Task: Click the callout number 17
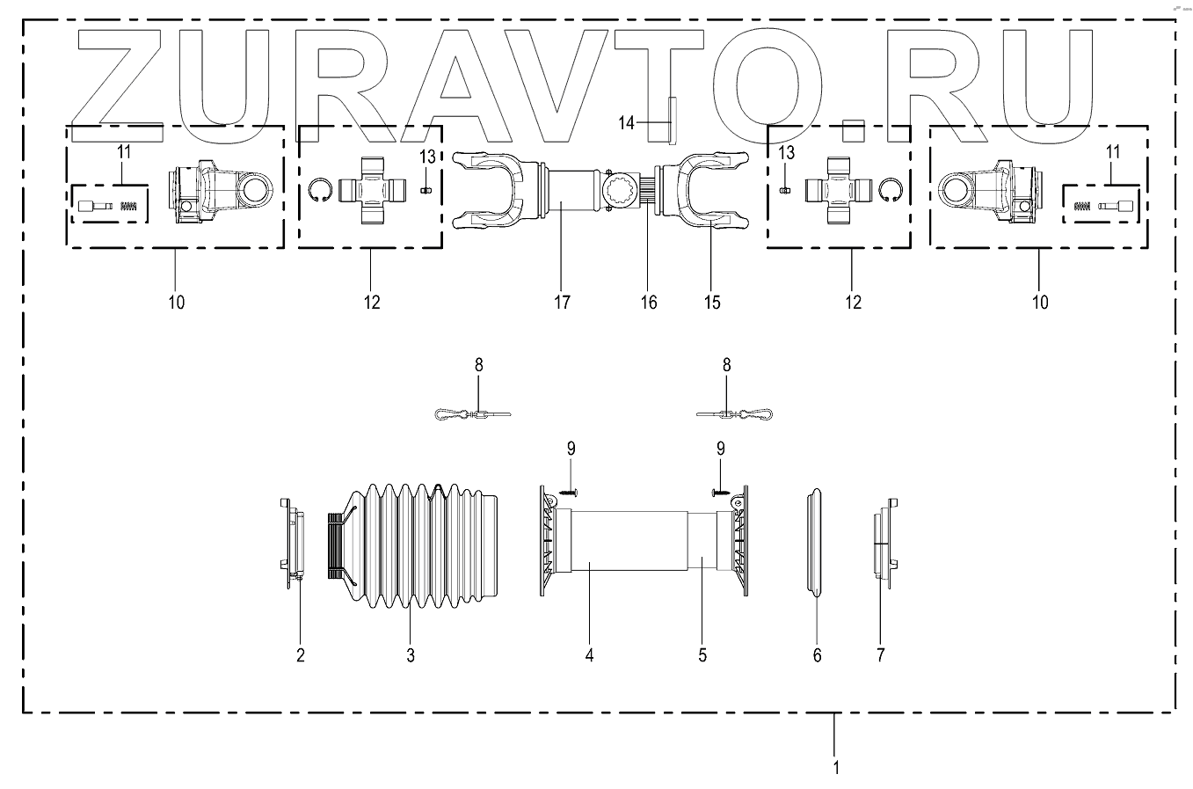[563, 302]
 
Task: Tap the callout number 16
[648, 302]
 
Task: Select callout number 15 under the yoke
[712, 302]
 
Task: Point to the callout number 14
[626, 123]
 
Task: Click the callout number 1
[836, 767]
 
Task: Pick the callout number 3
[410, 654]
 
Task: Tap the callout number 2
[300, 654]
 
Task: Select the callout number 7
[881, 654]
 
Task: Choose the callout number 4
[590, 654]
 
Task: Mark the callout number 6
[817, 654]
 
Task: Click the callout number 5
[702, 654]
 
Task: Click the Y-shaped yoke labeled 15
[709, 194]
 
